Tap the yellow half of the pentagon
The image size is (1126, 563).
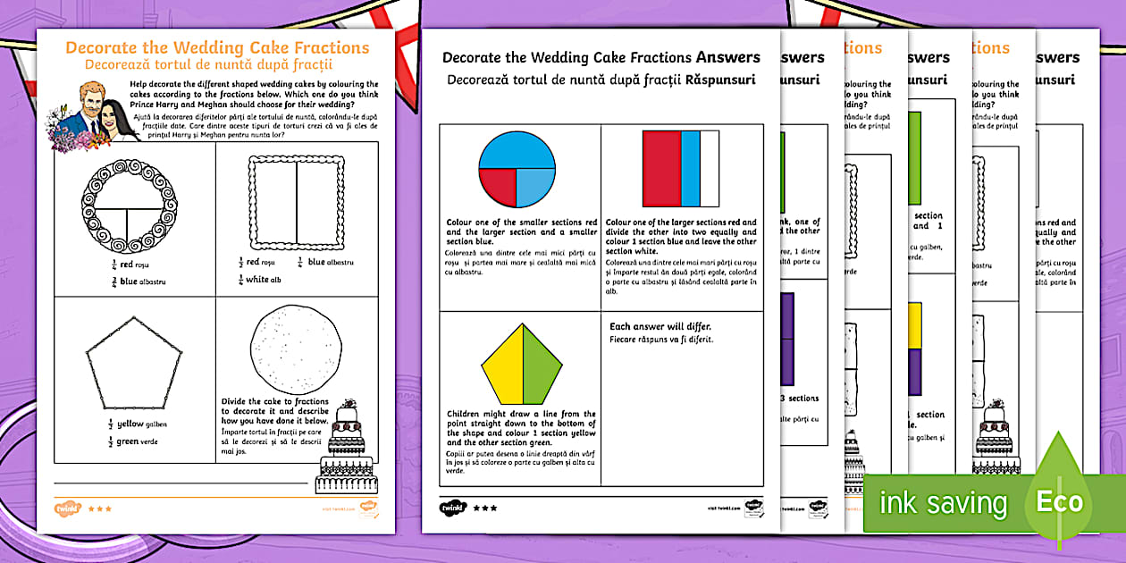pyautogui.click(x=503, y=365)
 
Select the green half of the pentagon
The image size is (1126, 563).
pyautogui.click(x=540, y=365)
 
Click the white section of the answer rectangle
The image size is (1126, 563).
pyautogui.click(x=710, y=169)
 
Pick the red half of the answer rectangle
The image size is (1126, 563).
pyautogui.click(x=661, y=169)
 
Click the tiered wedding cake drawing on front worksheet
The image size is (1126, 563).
pyautogui.click(x=348, y=447)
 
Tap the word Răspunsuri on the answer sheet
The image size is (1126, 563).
pyautogui.click(x=720, y=80)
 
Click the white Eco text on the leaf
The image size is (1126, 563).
pyautogui.click(x=1059, y=501)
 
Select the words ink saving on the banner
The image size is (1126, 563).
pyautogui.click(x=943, y=502)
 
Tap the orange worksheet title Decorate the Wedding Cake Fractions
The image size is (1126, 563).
pyautogui.click(x=217, y=47)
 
